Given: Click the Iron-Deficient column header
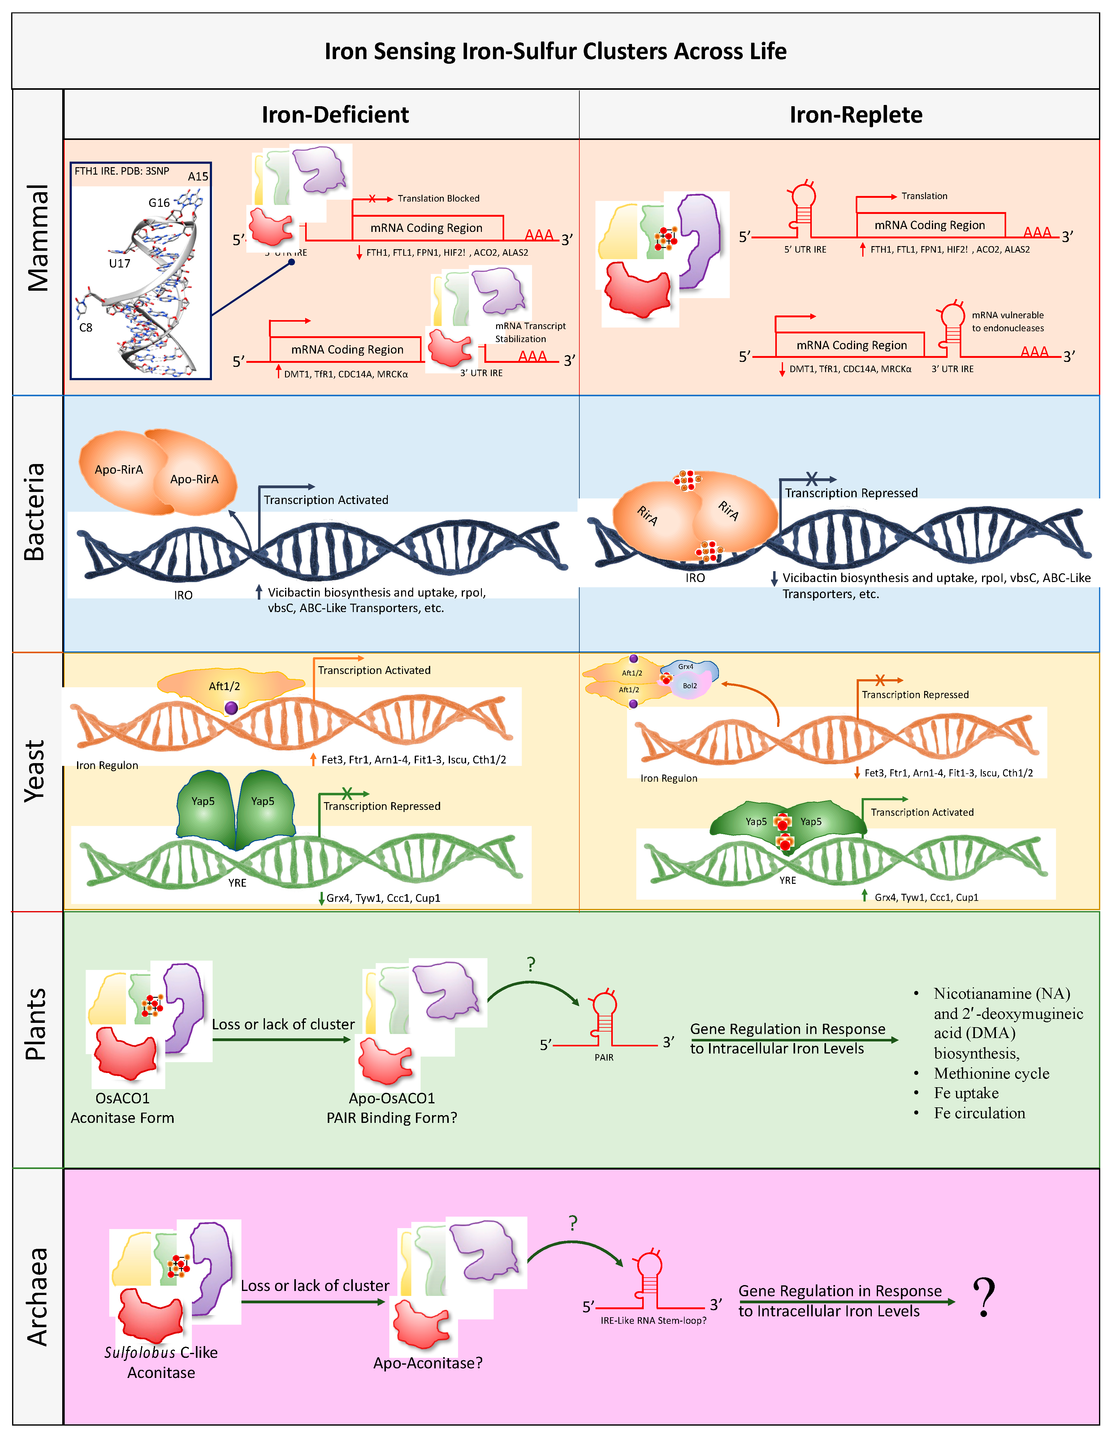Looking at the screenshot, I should (x=335, y=115).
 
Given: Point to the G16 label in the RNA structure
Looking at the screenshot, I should (x=159, y=203).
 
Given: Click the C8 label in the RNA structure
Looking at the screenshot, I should (x=86, y=327).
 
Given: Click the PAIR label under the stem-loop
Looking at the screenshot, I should (x=604, y=1058).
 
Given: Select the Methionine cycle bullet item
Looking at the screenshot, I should (x=991, y=1073).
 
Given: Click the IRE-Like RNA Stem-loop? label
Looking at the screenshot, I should (x=653, y=1320).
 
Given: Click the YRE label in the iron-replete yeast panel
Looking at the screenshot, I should (x=787, y=880).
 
